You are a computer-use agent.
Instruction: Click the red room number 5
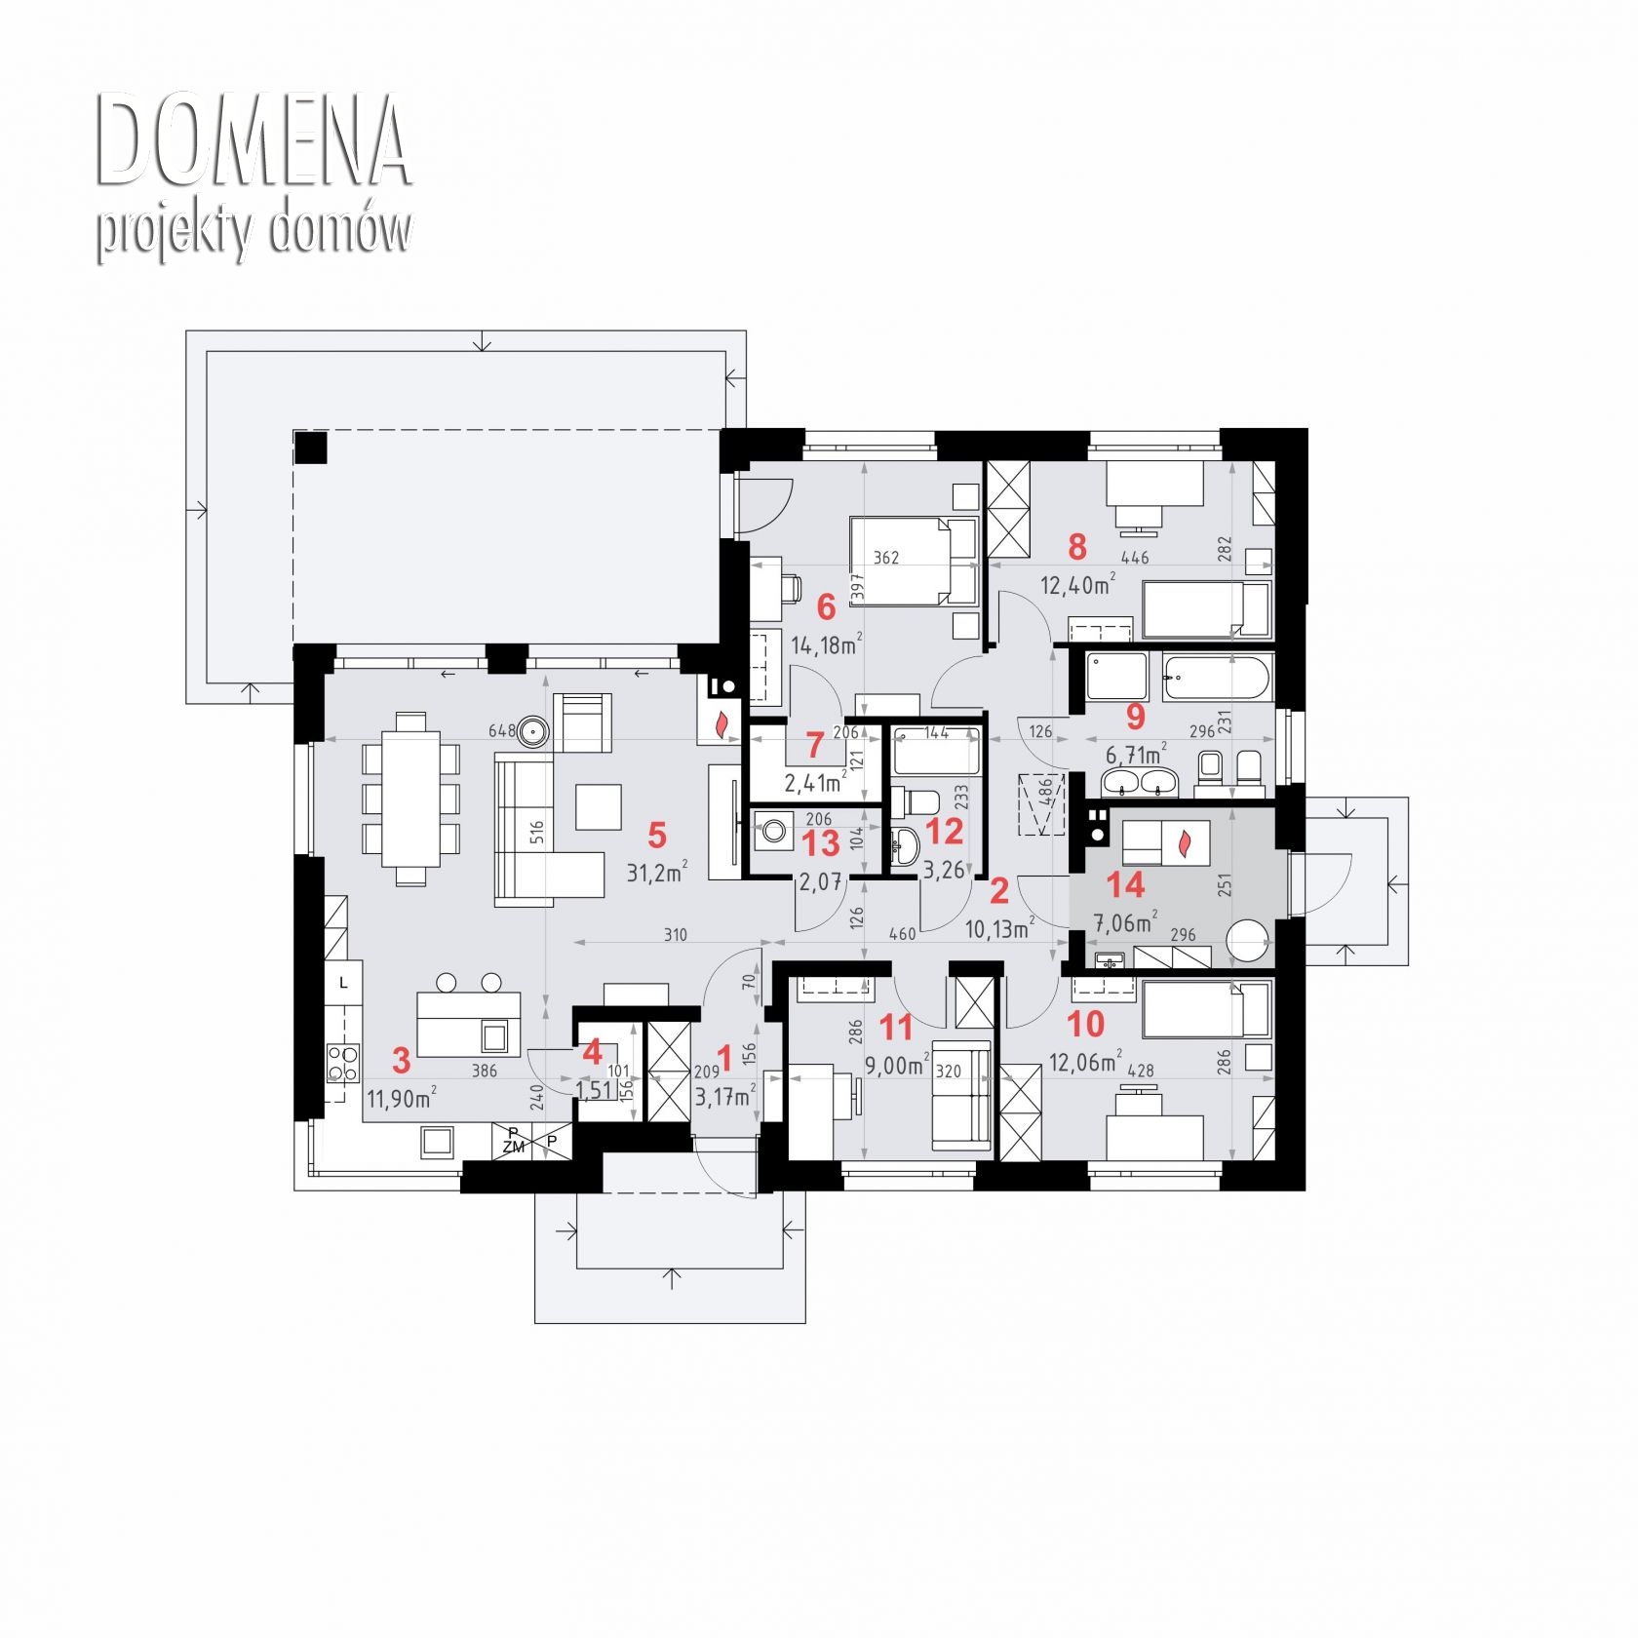(656, 836)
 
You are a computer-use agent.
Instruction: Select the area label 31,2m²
(657, 872)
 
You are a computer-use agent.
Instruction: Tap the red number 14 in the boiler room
(1125, 884)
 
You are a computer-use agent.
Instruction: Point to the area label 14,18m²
(826, 644)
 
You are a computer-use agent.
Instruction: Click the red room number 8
(1076, 547)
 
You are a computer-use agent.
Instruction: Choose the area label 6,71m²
(1136, 755)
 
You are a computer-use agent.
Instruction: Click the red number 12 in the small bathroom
(944, 831)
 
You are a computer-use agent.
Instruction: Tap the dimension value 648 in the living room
(501, 730)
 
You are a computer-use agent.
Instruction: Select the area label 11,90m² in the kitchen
(401, 1099)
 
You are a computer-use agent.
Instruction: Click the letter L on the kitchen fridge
(343, 984)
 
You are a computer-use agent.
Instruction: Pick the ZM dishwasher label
(514, 1148)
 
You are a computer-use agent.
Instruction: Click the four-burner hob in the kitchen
(342, 1062)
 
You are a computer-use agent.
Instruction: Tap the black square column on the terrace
(312, 448)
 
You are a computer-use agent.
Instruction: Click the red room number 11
(896, 1027)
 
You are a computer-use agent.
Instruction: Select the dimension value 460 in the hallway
(903, 934)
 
